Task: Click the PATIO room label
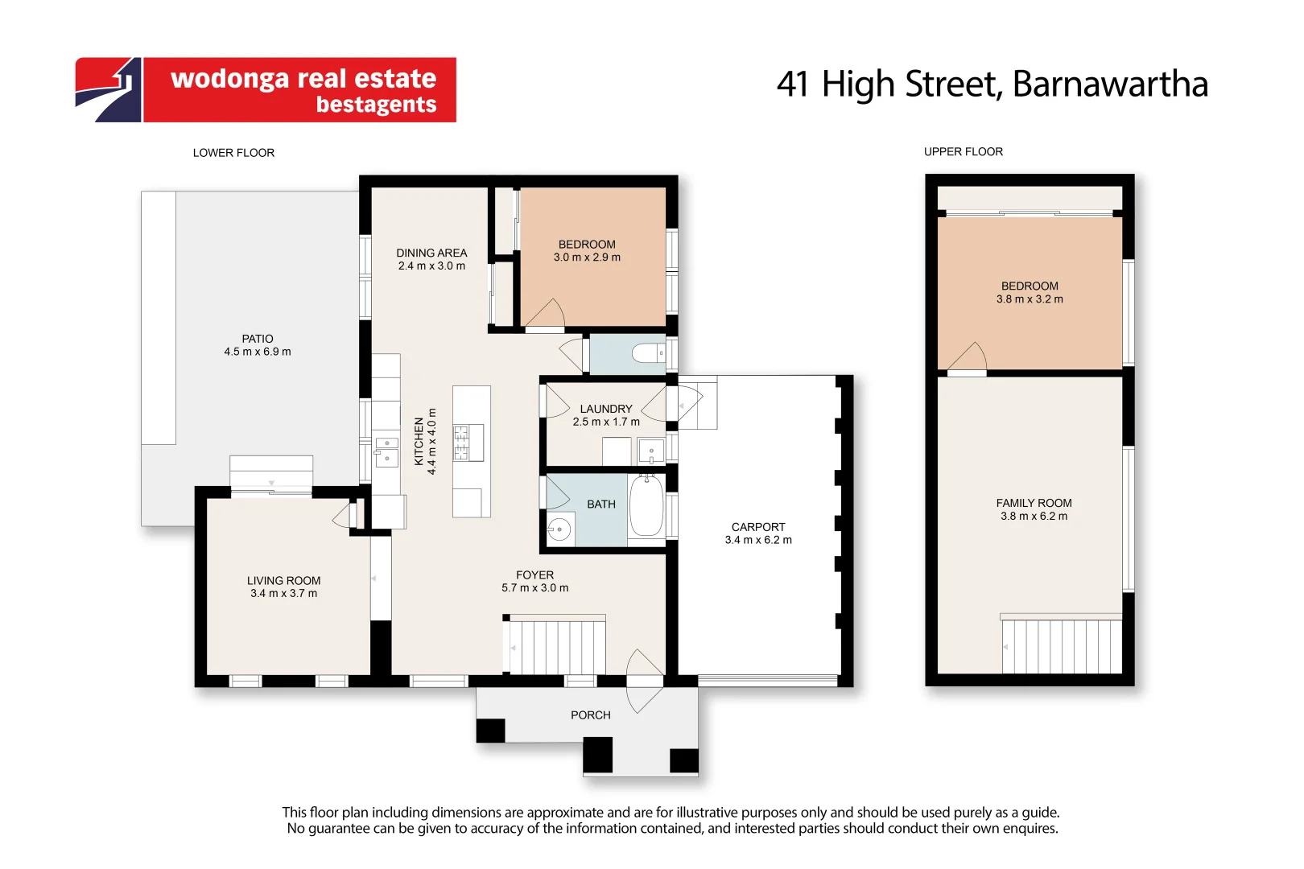tap(258, 339)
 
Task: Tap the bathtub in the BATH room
tap(646, 505)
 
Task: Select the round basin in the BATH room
tap(559, 529)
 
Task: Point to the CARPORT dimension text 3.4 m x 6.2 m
tap(758, 540)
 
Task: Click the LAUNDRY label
tap(606, 410)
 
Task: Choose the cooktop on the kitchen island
tap(468, 443)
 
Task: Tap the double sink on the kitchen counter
tap(386, 451)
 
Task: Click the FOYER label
tap(534, 575)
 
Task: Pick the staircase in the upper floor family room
tap(1061, 645)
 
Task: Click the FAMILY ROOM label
tap(1034, 503)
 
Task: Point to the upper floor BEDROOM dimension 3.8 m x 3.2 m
tap(1030, 299)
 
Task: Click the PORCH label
tap(590, 715)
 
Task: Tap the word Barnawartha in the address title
tap(1110, 84)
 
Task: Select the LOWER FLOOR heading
tap(233, 153)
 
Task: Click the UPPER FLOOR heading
tap(964, 152)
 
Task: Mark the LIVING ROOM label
tap(283, 581)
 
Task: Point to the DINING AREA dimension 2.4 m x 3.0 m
tap(431, 266)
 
